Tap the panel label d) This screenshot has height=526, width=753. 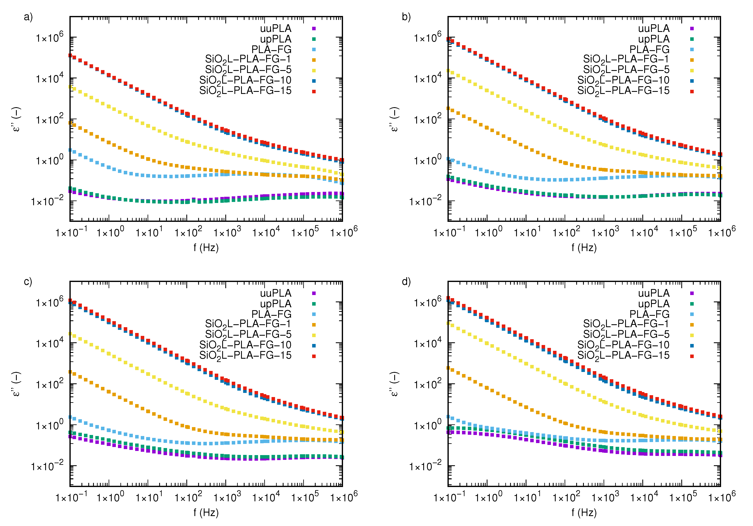pos(406,282)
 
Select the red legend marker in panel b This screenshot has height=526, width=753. pos(692,92)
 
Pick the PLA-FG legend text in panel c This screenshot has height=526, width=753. pos(271,314)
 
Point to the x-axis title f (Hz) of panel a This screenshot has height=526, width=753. pos(206,247)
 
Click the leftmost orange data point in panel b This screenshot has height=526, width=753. pos(448,108)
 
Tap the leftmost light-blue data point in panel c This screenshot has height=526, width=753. pos(70,417)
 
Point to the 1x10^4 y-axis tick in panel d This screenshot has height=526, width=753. pos(428,343)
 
